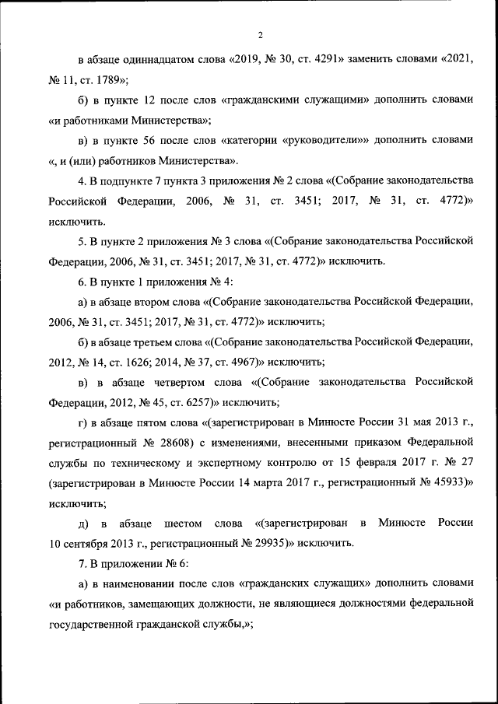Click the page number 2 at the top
tap(261, 35)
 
